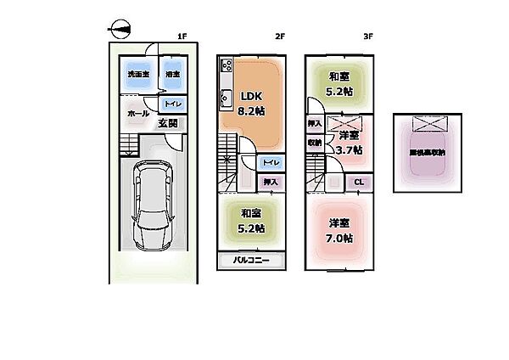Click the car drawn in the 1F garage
153,206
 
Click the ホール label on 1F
137,113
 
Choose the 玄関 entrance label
168,123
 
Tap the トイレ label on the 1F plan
171,104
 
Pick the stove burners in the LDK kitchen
227,65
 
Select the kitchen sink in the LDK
226,97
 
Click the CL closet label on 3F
359,182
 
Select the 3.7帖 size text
349,150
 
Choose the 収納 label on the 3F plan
314,143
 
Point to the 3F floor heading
368,37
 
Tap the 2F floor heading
279,37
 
